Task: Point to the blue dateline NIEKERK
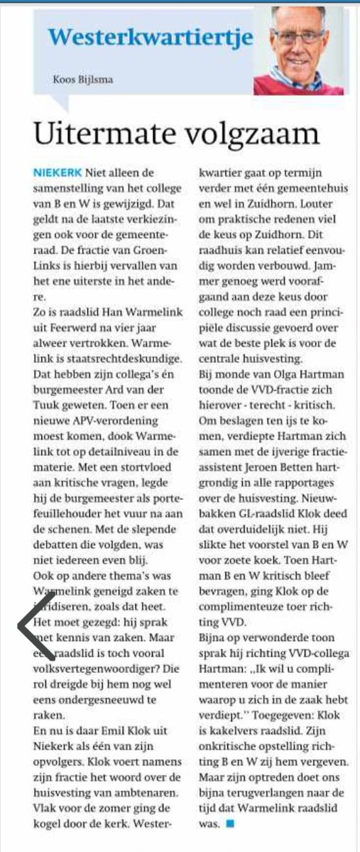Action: (x=57, y=173)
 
